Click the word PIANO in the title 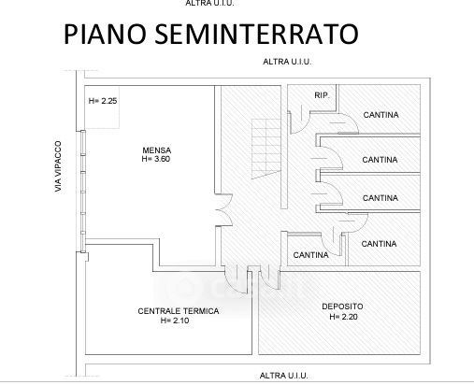pyautogui.click(x=105, y=34)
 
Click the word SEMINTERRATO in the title pyautogui.click(x=256, y=34)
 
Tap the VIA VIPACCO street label pyautogui.click(x=58, y=166)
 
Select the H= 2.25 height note pyautogui.click(x=103, y=101)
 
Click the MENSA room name pyautogui.click(x=157, y=150)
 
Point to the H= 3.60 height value pyautogui.click(x=156, y=159)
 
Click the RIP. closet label pyautogui.click(x=322, y=95)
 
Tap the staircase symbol pyautogui.click(x=266, y=149)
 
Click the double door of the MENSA pyautogui.click(x=224, y=209)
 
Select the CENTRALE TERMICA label pyautogui.click(x=179, y=311)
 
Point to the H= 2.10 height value pyautogui.click(x=175, y=321)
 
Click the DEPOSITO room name pyautogui.click(x=342, y=307)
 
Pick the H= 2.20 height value pyautogui.click(x=343, y=317)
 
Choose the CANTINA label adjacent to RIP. pyautogui.click(x=381, y=115)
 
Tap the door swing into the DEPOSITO pyautogui.click(x=269, y=278)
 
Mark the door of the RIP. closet pyautogui.click(x=300, y=122)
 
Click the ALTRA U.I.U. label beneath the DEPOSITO pyautogui.click(x=283, y=376)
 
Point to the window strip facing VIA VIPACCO pyautogui.click(x=83, y=192)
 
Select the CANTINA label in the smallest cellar pyautogui.click(x=310, y=255)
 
